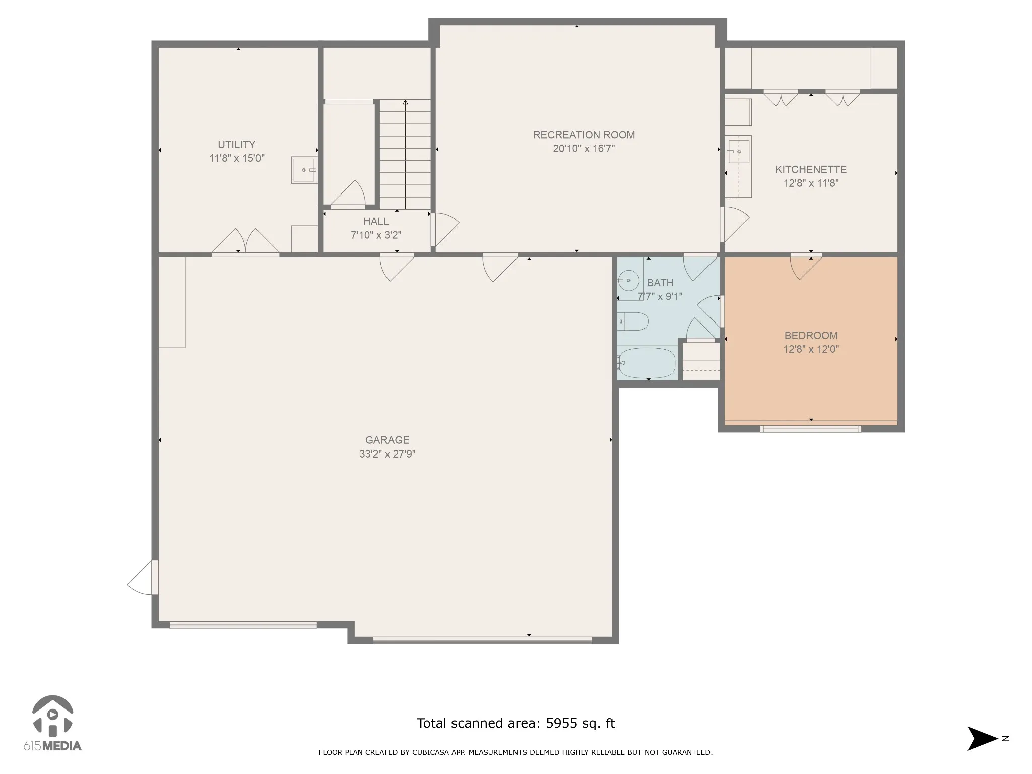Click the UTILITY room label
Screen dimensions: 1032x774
point(236,145)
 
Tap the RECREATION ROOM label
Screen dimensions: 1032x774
point(584,135)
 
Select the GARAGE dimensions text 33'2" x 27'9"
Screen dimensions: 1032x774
point(387,454)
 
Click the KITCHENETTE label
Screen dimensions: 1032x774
point(811,170)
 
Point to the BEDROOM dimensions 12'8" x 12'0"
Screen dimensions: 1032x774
point(811,349)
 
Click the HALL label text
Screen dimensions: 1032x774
point(376,222)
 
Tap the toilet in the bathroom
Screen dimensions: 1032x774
point(632,321)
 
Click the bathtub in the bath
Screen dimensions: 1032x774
point(646,363)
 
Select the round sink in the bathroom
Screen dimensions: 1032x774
point(628,280)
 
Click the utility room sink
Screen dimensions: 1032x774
point(305,170)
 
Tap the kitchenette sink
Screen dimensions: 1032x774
point(738,152)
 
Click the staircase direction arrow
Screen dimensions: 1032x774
point(405,153)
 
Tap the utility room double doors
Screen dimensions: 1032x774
point(245,242)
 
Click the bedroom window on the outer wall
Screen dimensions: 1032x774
point(810,429)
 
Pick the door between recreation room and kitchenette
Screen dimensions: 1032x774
point(735,224)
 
